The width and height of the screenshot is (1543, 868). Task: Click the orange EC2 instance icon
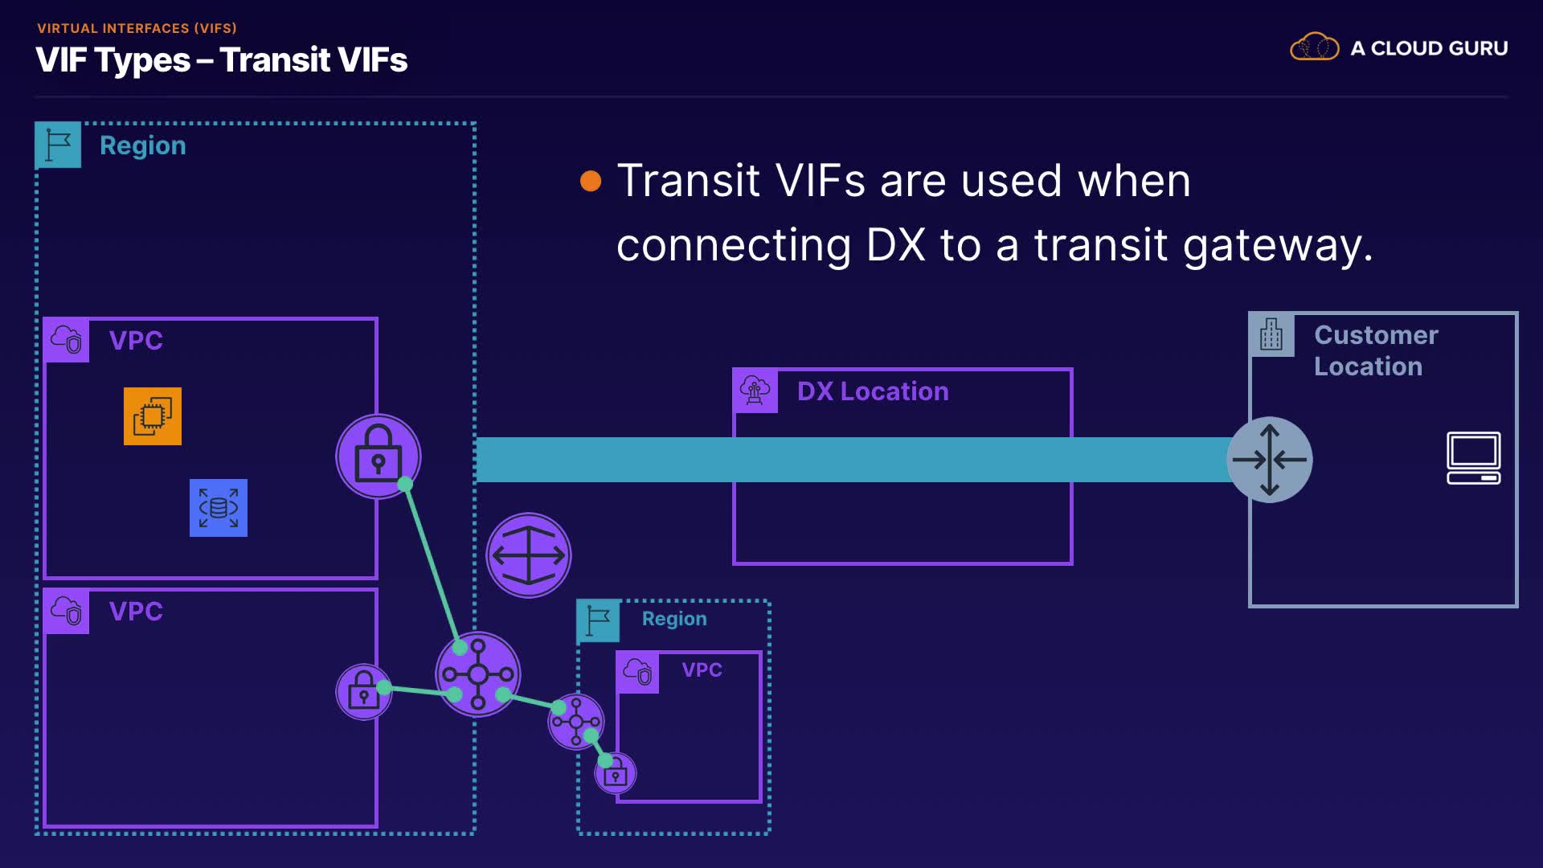tap(153, 416)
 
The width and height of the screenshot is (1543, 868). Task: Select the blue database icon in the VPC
tap(219, 508)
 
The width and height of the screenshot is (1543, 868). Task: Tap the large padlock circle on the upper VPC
tap(378, 456)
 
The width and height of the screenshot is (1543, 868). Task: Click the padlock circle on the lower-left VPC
tap(363, 691)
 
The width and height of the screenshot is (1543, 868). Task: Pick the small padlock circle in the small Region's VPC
tap(616, 774)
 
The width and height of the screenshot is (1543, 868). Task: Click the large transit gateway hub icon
tap(478, 674)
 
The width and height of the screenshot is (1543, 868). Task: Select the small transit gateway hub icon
tap(575, 721)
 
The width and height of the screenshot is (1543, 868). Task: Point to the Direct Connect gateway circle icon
tap(529, 555)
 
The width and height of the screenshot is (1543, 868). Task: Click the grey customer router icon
tap(1270, 460)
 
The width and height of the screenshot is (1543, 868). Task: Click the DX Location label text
tap(873, 391)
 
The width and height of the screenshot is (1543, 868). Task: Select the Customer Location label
tap(1375, 350)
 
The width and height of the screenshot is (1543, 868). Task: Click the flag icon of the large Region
tap(58, 145)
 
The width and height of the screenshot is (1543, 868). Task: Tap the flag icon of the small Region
tap(598, 620)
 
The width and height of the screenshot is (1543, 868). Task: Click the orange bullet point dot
tap(591, 181)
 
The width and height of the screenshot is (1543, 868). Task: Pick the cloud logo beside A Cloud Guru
tap(1314, 47)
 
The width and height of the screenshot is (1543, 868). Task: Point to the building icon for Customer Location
tap(1271, 334)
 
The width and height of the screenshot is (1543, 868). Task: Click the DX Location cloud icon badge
tap(755, 391)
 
